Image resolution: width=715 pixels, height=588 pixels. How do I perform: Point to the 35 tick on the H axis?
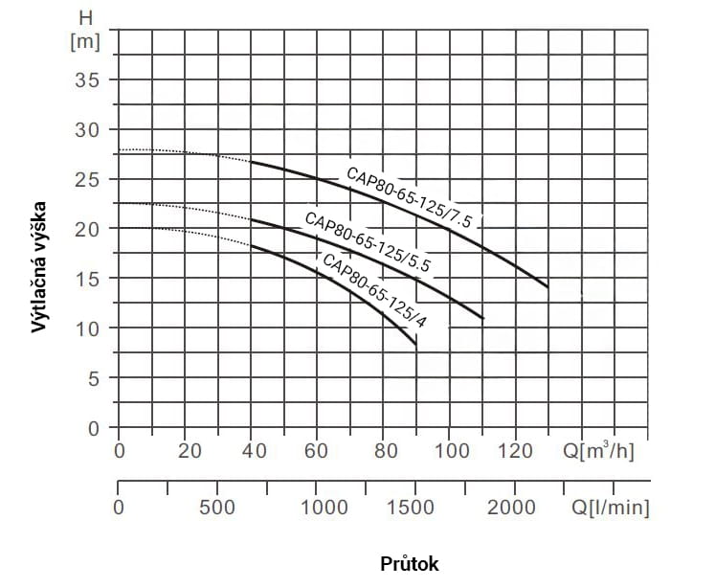point(87,79)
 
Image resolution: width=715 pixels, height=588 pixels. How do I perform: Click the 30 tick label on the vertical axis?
point(87,129)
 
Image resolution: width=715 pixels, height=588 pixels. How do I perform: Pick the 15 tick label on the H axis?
point(87,279)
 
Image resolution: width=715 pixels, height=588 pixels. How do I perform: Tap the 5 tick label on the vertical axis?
point(93,378)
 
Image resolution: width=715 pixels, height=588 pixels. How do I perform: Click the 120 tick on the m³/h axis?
point(516,451)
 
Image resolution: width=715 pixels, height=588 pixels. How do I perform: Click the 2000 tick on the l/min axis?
point(516,507)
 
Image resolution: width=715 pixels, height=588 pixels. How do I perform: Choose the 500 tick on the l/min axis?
point(217,507)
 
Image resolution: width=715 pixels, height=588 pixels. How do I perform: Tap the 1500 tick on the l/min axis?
point(416,507)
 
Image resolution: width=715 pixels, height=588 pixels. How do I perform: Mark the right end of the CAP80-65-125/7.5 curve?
point(547,286)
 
